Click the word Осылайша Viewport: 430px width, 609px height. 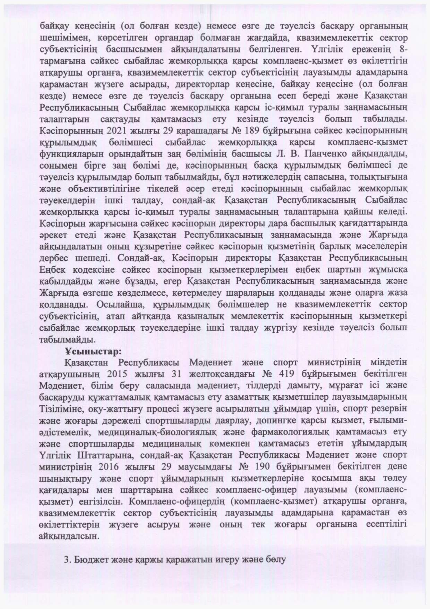(x=118, y=305)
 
